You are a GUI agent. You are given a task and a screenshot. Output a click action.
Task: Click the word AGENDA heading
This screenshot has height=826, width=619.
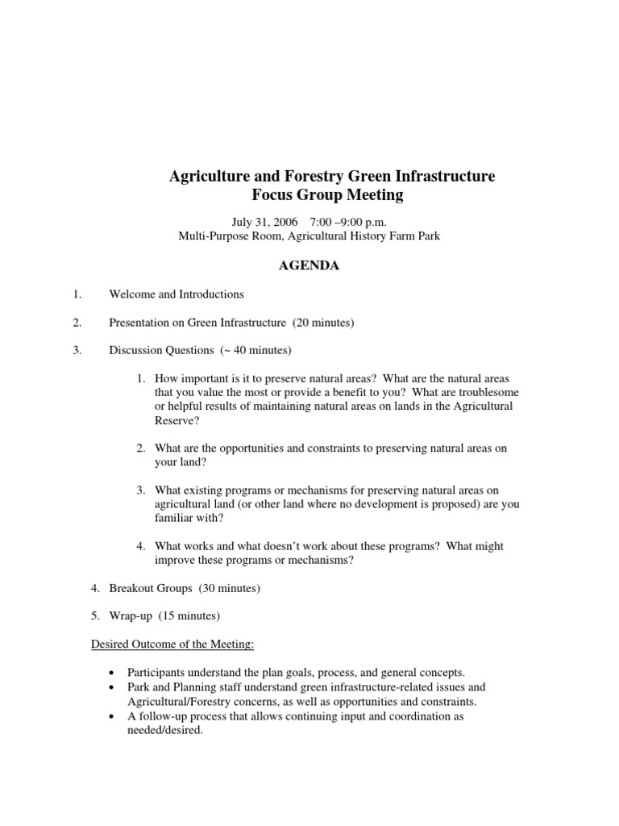tap(309, 265)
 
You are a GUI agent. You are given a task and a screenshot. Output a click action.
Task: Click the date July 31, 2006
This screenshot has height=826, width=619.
tap(264, 222)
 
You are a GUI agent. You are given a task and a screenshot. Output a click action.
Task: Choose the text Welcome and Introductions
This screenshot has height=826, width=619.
tap(177, 294)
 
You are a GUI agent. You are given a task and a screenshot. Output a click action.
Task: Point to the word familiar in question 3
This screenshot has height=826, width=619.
tap(176, 518)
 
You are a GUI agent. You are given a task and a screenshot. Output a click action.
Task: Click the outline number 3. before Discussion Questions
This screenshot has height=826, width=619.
tap(77, 350)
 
